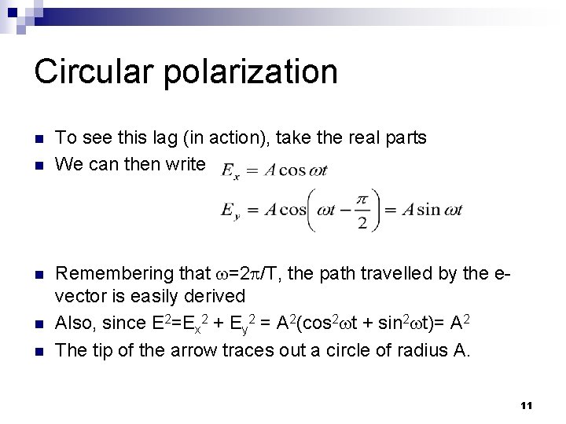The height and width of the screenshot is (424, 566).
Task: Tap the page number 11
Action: pyautogui.click(x=527, y=405)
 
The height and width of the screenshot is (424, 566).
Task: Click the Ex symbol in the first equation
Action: pyautogui.click(x=230, y=170)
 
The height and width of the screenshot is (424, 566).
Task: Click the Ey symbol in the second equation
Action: pyautogui.click(x=231, y=210)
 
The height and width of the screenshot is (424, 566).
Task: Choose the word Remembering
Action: pyautogui.click(x=122, y=273)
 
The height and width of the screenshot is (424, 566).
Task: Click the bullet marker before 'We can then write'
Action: pyautogui.click(x=39, y=166)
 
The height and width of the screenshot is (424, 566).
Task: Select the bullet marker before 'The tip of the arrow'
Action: pyautogui.click(x=39, y=351)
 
